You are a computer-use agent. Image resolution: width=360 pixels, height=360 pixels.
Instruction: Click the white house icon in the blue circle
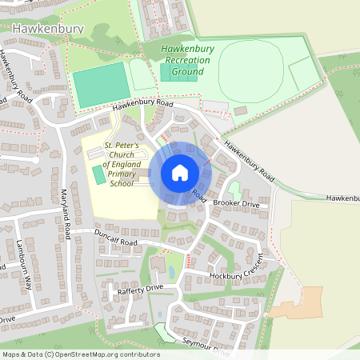[x=179, y=173]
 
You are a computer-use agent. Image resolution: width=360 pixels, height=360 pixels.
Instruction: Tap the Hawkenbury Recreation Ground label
[x=188, y=60]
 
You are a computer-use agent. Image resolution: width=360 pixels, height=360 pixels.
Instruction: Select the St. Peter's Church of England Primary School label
[x=122, y=164]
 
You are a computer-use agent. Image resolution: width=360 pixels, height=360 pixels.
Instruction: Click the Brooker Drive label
[x=236, y=204]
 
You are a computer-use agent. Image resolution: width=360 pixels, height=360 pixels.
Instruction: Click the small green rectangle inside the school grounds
[x=98, y=175]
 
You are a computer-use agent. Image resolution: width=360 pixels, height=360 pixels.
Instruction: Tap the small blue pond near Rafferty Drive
[x=158, y=314]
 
